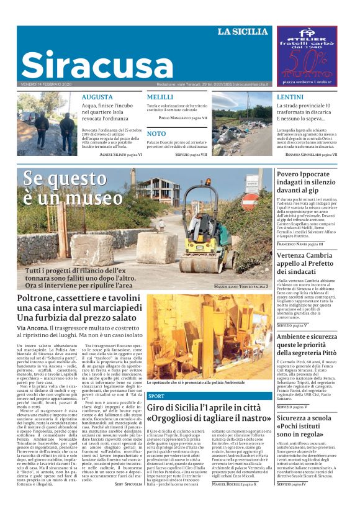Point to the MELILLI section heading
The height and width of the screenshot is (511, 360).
click(x=160, y=97)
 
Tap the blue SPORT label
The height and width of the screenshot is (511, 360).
click(x=156, y=396)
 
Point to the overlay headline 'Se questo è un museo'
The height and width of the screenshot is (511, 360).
click(x=73, y=189)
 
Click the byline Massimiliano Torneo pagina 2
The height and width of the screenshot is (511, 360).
click(x=241, y=287)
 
